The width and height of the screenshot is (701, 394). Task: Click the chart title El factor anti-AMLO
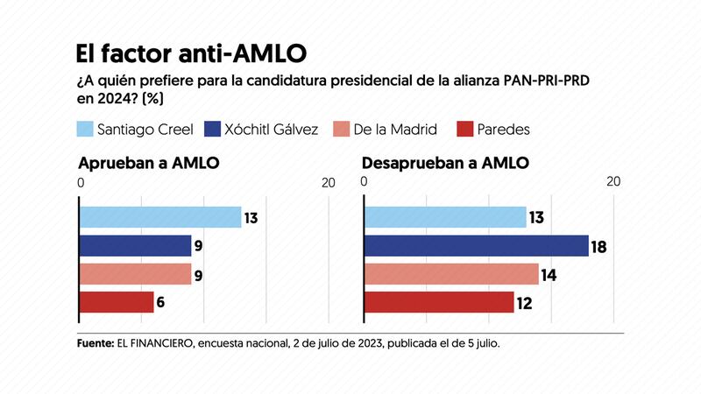click(191, 53)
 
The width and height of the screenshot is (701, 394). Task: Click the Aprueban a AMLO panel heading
click(148, 164)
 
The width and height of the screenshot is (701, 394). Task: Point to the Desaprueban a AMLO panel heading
click(447, 164)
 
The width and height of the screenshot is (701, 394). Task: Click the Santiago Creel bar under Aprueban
click(160, 217)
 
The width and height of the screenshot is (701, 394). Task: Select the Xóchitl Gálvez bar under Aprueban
click(136, 246)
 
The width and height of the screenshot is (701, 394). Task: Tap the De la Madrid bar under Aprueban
click(136, 274)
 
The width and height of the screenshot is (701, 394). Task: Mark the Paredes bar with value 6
click(117, 303)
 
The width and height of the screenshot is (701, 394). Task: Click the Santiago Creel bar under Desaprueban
click(445, 217)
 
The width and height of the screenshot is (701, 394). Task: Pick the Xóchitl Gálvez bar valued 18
click(476, 246)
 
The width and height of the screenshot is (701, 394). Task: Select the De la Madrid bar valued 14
click(451, 274)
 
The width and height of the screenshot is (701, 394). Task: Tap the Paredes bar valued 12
click(439, 303)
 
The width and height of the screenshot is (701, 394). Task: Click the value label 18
click(599, 247)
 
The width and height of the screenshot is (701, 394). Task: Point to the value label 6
click(162, 304)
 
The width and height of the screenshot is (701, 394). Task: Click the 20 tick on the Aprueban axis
click(328, 183)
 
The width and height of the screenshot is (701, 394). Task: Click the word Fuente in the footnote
click(96, 344)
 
